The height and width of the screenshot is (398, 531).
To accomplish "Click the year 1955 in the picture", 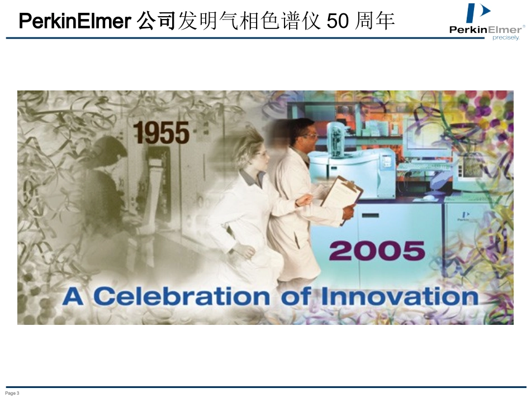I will click(161, 133).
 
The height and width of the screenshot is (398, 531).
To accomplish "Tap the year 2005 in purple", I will click(377, 251).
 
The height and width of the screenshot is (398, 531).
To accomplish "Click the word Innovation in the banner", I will click(400, 296).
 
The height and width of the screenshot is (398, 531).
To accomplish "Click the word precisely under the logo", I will click(506, 38).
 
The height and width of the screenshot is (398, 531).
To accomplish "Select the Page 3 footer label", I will click(13, 394).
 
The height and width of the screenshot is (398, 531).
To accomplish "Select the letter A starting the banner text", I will click(73, 296).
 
